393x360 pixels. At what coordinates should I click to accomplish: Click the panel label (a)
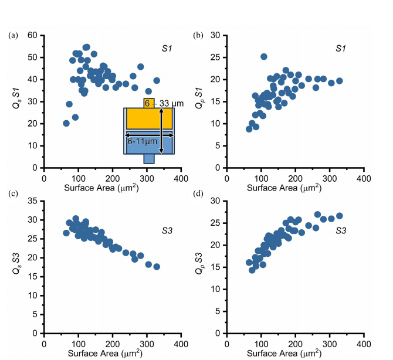(12, 36)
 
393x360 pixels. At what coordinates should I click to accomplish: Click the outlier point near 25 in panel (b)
(263, 57)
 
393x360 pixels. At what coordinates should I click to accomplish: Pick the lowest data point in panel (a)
(66, 123)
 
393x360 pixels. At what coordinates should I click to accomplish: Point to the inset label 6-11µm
(143, 141)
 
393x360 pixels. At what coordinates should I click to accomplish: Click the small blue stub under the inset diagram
(148, 159)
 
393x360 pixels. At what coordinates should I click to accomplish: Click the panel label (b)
(199, 36)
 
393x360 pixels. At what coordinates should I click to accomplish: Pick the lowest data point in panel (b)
(249, 129)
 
